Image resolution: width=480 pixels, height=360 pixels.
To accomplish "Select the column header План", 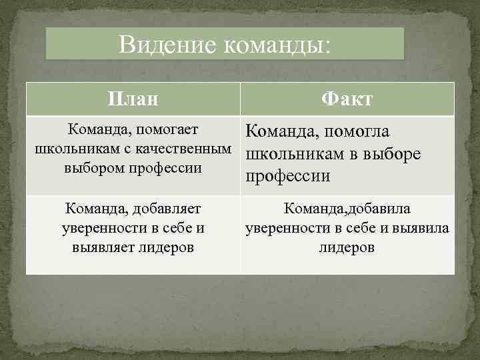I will click(x=133, y=99).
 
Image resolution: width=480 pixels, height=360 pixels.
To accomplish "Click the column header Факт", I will click(x=347, y=99).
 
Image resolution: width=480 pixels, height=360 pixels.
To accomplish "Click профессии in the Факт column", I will click(x=287, y=176).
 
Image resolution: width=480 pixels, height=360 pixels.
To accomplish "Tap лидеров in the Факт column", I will click(x=347, y=247).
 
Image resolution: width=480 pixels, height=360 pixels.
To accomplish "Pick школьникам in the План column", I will click(x=70, y=148).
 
